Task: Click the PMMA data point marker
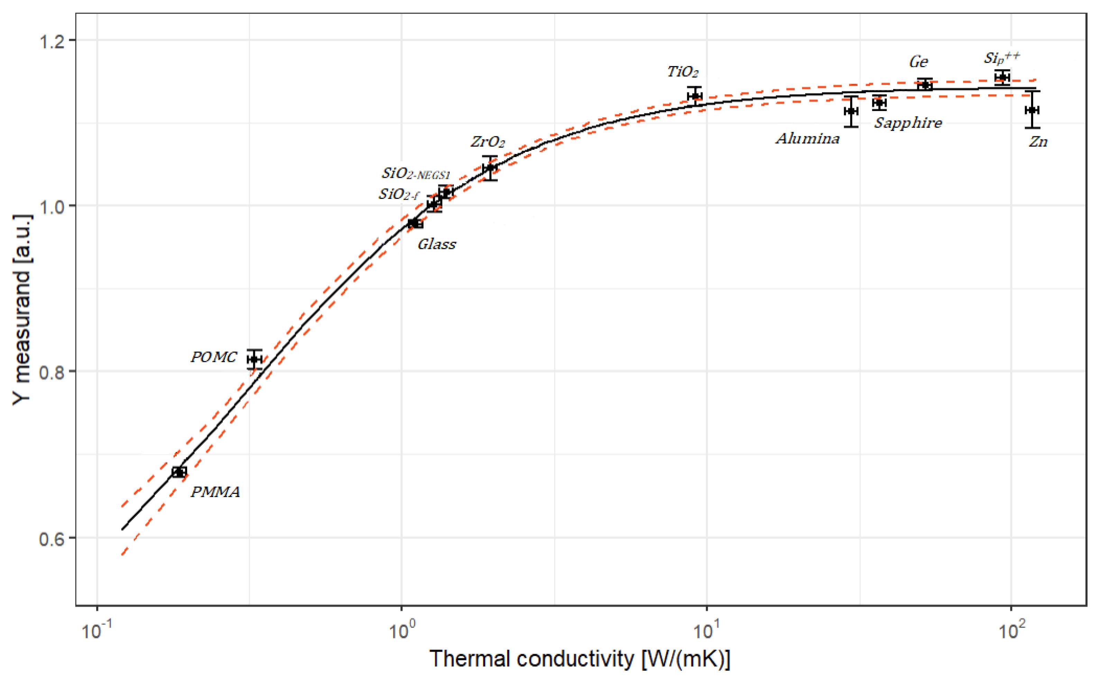[x=179, y=472]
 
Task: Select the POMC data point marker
[x=255, y=359]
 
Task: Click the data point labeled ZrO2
[x=490, y=168]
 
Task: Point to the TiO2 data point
[x=695, y=96]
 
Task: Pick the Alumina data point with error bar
[x=851, y=111]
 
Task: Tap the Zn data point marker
[x=1032, y=110]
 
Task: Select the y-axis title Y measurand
[x=21, y=310]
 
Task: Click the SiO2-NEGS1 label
[x=416, y=173]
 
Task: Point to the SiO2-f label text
[x=399, y=194]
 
